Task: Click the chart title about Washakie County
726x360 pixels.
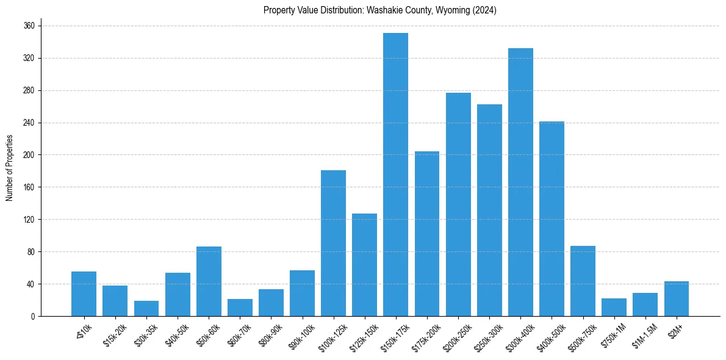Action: (380, 10)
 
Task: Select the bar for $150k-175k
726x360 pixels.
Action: (395, 175)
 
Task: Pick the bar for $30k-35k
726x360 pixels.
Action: (146, 308)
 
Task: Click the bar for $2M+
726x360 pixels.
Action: (677, 298)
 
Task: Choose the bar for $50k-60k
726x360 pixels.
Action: (209, 281)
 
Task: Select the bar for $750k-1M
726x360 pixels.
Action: (614, 307)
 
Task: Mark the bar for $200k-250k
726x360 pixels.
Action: (458, 204)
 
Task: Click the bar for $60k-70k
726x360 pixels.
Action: (240, 308)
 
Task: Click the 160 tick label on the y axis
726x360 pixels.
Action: (29, 187)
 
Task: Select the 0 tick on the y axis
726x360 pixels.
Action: (33, 316)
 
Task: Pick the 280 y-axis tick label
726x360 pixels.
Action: (29, 91)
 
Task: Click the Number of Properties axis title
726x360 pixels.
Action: (10, 168)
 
